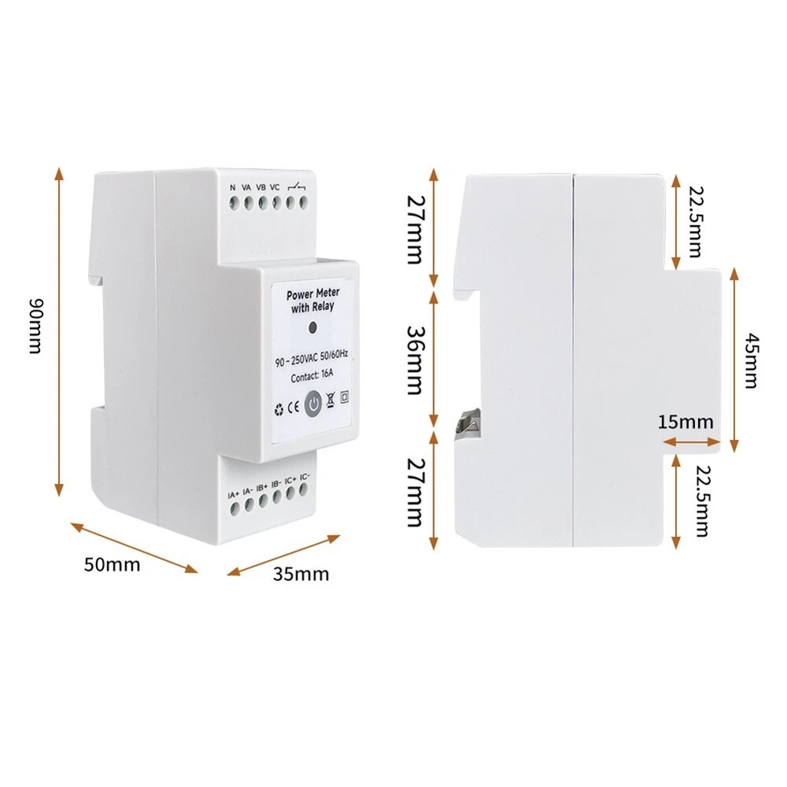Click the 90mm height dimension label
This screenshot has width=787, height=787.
click(35, 327)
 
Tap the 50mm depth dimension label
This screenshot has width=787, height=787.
click(112, 564)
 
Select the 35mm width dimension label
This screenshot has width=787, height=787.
click(301, 574)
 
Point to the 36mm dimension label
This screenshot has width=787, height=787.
click(415, 360)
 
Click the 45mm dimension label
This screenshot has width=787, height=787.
click(752, 360)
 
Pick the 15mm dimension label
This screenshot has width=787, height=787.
click(685, 422)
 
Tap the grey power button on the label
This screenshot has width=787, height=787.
click(313, 404)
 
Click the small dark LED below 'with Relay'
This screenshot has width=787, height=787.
click(312, 328)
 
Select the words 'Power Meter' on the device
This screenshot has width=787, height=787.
click(312, 294)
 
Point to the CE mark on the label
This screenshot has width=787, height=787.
click(294, 407)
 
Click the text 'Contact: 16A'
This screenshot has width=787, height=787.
click(312, 375)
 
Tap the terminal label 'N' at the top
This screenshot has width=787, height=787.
click(232, 187)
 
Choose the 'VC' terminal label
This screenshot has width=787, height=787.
click(275, 187)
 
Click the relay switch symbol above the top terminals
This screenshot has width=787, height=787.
click(297, 187)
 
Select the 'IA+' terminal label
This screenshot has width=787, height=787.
click(234, 495)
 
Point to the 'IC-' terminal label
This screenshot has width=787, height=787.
click(305, 477)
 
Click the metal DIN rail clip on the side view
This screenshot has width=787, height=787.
click(467, 420)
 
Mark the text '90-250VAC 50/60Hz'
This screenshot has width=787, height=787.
click(312, 358)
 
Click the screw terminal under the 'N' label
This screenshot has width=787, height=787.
click(234, 203)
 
